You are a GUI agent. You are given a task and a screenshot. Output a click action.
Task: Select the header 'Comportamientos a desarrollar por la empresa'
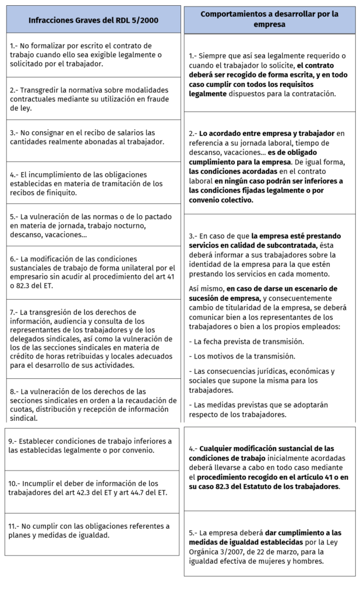(269, 19)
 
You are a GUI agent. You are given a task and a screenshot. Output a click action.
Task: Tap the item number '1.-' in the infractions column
(15, 45)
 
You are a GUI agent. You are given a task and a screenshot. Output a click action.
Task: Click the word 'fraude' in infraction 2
(156, 99)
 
